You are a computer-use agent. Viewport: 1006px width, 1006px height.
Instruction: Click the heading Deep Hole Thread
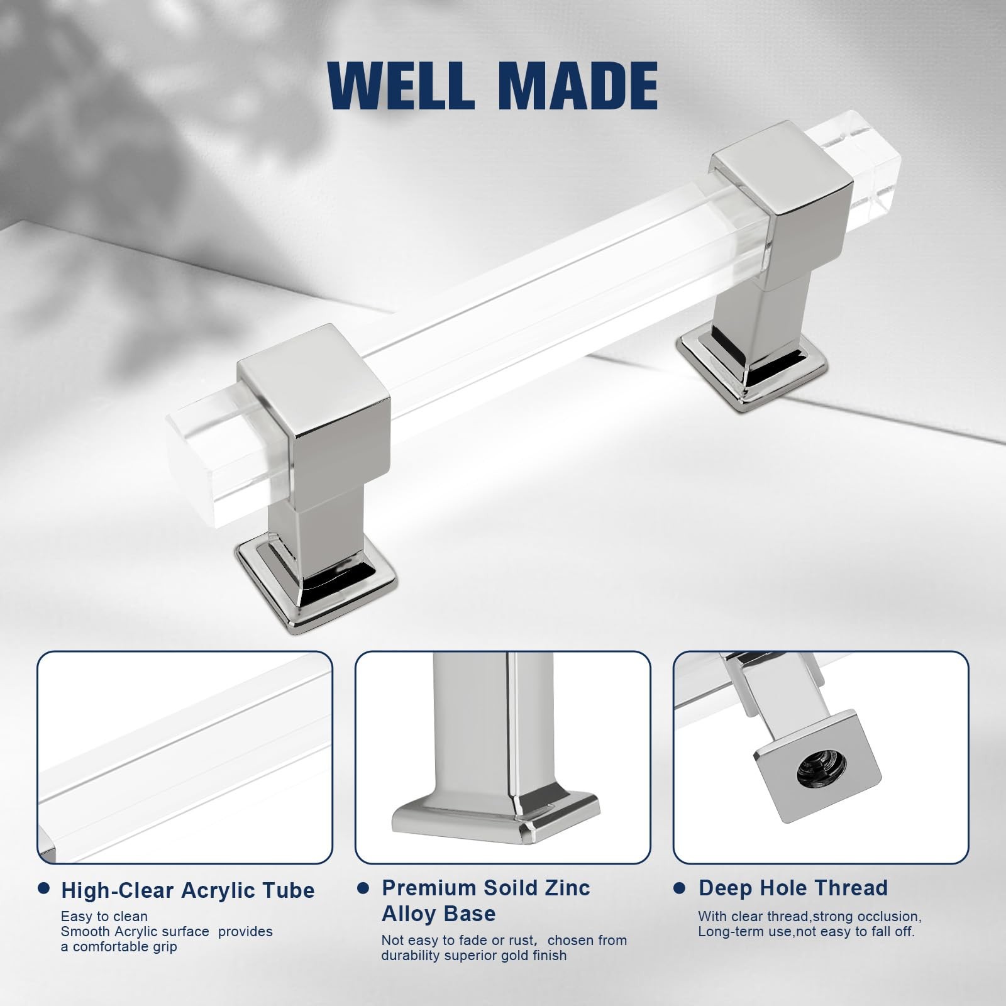point(793,888)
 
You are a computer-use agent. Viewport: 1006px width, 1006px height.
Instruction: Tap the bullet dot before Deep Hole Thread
point(679,888)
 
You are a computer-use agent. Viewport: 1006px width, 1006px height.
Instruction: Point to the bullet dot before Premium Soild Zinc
point(363,888)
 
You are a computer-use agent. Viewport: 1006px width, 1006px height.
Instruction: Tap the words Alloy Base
point(438,914)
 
